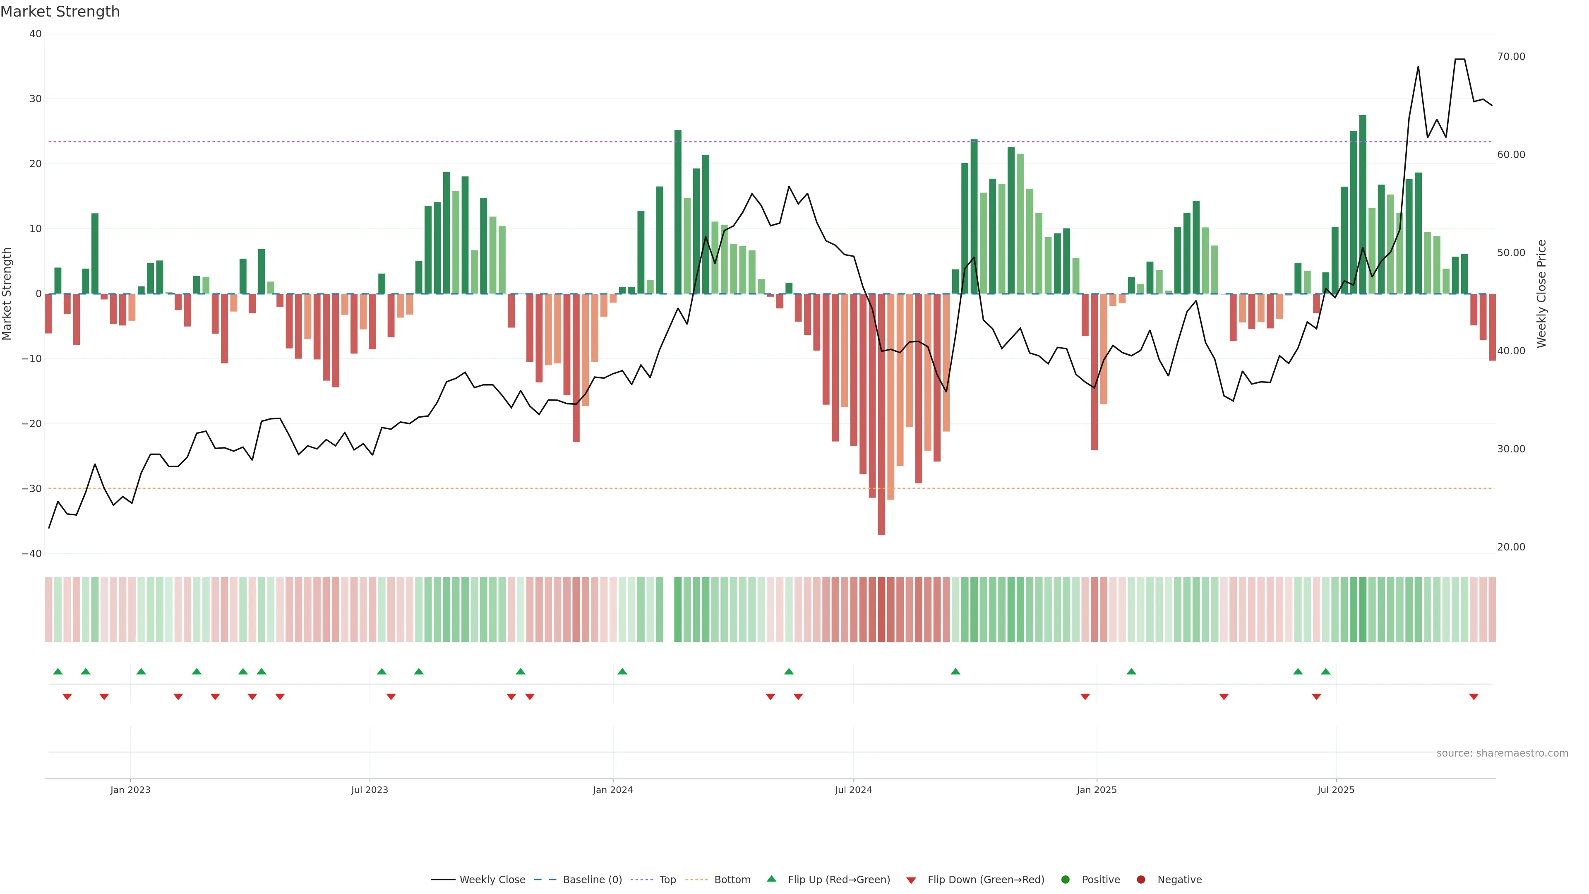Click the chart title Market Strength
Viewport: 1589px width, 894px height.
60,12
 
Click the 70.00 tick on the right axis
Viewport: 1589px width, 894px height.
1511,57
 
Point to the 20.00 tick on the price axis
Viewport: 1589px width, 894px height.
1511,547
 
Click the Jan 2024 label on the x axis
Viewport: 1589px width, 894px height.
612,790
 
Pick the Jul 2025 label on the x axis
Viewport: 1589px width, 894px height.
1335,790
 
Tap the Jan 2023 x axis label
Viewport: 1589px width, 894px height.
130,790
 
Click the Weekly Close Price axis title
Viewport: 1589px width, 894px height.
1541,294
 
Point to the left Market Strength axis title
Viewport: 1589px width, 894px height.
7,294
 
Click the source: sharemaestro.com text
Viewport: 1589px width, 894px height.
1502,753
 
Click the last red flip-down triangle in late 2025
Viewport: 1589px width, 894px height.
1474,697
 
